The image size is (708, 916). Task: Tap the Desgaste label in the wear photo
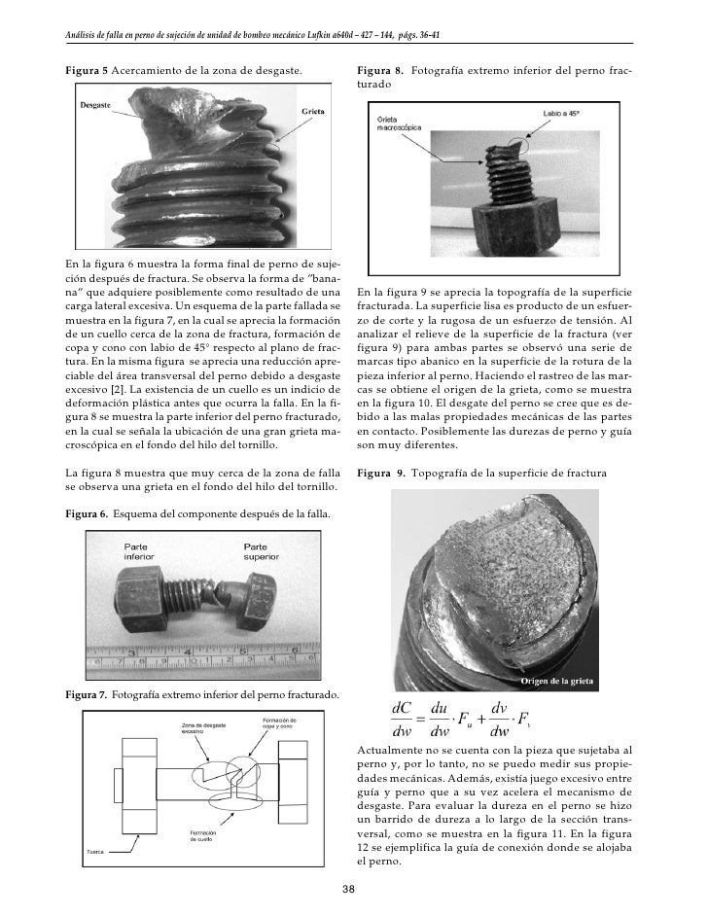tap(94, 103)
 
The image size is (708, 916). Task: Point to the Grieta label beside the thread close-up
tap(312, 112)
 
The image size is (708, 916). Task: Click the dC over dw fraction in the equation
tap(402, 719)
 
